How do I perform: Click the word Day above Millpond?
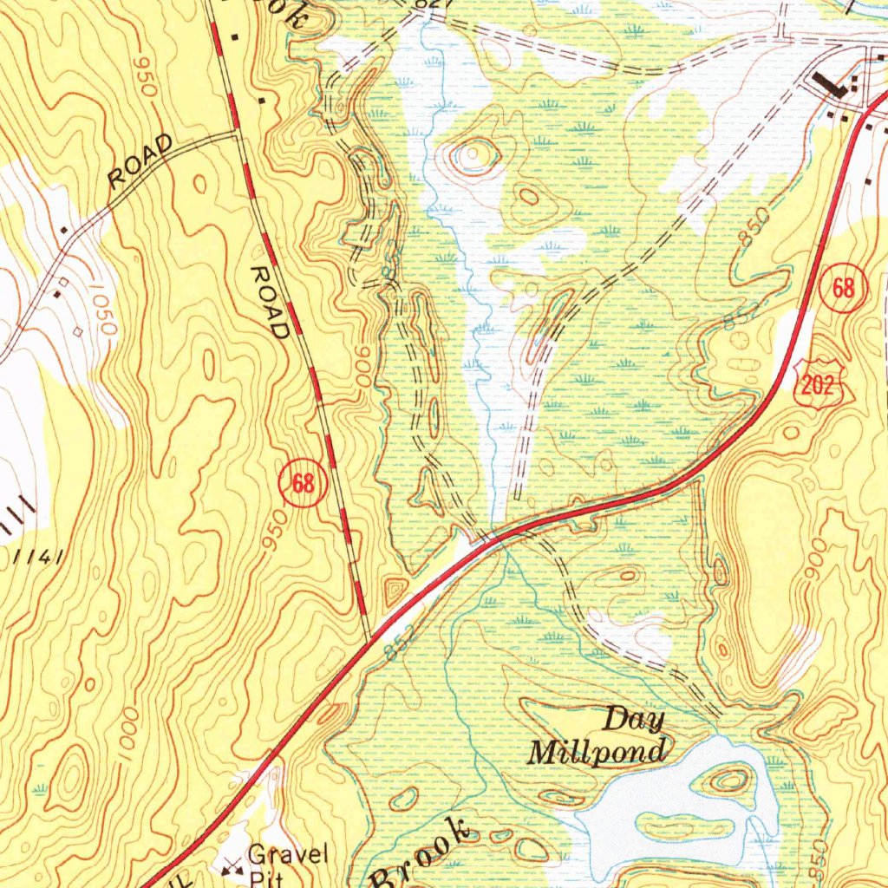633,719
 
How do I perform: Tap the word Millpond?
598,751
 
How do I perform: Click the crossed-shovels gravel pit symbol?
232,865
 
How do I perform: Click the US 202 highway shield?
817,385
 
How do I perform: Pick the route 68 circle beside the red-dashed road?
303,484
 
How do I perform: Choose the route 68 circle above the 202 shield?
845,289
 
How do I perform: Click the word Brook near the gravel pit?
422,858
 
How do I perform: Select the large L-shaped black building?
830,88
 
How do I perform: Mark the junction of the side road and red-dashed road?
237,134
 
